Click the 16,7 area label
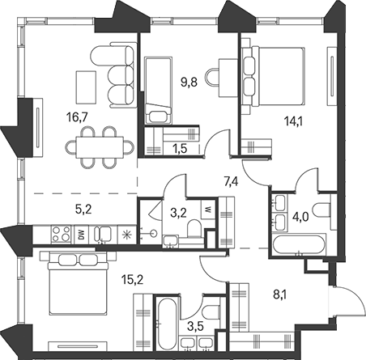click(77, 118)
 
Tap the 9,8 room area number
click(189, 82)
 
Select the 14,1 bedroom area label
click(293, 122)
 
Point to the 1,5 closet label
click(180, 149)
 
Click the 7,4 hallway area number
click(231, 182)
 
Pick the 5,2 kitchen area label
click(83, 210)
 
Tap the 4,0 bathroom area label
click(301, 217)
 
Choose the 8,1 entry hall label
click(280, 294)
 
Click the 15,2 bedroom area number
click(132, 280)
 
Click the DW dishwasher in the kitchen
click(82, 234)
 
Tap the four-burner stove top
click(62, 234)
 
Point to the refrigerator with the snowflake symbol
click(126, 235)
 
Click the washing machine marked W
click(208, 209)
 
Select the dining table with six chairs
click(100, 148)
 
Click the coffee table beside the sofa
click(86, 87)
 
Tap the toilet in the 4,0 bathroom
click(321, 210)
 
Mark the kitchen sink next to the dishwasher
click(103, 234)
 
